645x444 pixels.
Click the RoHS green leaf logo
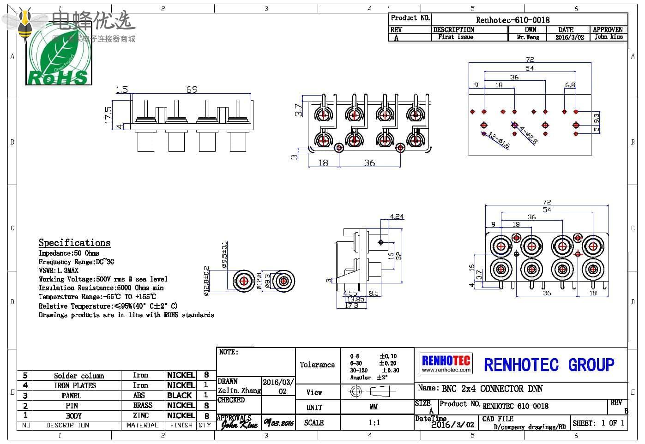(x=59, y=59)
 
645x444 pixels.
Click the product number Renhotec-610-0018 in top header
(x=512, y=20)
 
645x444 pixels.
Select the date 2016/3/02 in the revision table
(x=569, y=37)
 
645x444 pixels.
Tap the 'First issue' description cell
(x=455, y=37)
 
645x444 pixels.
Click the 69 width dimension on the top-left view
(x=192, y=90)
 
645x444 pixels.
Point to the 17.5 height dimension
(x=109, y=115)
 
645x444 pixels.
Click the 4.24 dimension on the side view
(x=397, y=216)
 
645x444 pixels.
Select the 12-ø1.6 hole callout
(x=499, y=141)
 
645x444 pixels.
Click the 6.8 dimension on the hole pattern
(x=570, y=85)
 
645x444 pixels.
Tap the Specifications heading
(x=74, y=243)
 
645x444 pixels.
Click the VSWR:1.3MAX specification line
(x=59, y=270)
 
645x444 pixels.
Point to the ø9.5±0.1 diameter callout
(x=224, y=255)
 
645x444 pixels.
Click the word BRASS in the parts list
(x=143, y=405)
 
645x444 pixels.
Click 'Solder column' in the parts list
(x=79, y=376)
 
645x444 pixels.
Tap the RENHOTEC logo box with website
(x=446, y=363)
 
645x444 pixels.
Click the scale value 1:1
(x=374, y=423)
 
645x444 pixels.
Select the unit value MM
(x=374, y=407)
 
